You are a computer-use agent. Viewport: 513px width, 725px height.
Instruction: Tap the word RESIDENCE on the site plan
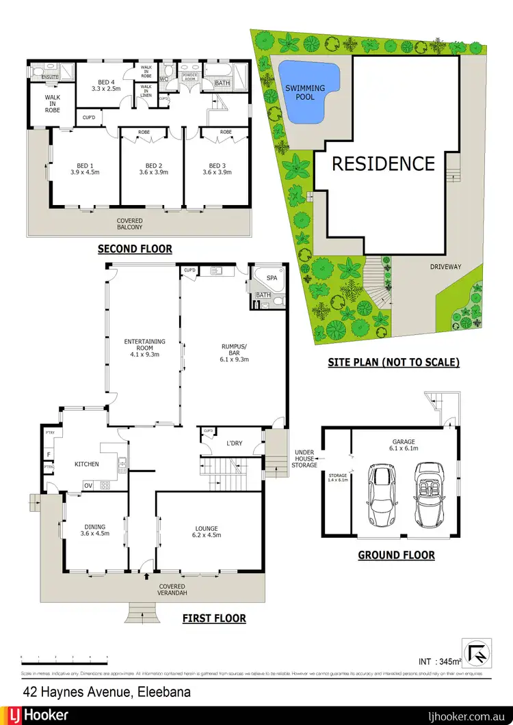pyautogui.click(x=383, y=164)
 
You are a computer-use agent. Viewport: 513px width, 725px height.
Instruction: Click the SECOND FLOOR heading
pyautogui.click(x=135, y=249)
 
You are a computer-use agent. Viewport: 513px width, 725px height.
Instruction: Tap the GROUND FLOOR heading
pyautogui.click(x=396, y=555)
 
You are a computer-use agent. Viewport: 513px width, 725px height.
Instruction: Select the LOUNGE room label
pyautogui.click(x=207, y=528)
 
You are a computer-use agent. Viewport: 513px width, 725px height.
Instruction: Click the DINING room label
pyautogui.click(x=95, y=527)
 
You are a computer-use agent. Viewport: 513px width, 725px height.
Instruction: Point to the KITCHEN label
pyautogui.click(x=87, y=465)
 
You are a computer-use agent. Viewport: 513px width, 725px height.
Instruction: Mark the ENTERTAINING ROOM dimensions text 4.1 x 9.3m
pyautogui.click(x=144, y=354)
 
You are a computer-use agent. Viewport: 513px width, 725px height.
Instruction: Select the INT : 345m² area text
pyautogui.click(x=440, y=661)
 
